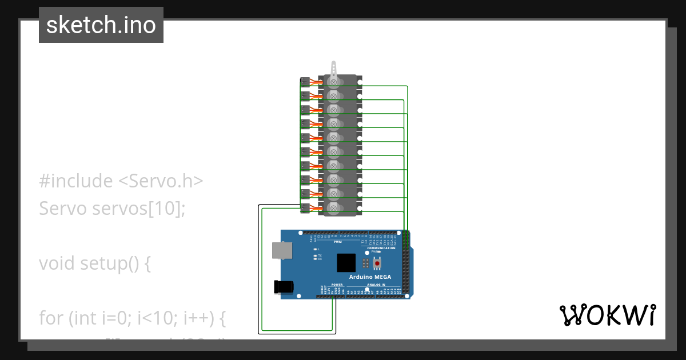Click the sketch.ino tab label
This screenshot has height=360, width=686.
[x=101, y=25]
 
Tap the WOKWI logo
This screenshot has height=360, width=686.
[x=607, y=315]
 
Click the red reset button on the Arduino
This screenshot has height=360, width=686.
[x=377, y=263]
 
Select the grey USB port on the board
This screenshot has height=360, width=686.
[x=282, y=250]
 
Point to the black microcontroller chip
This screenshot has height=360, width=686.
[x=346, y=263]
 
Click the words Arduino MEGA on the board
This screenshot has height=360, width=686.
[x=370, y=277]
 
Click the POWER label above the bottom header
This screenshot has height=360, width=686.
[x=337, y=284]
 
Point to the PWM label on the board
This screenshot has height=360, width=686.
[x=337, y=242]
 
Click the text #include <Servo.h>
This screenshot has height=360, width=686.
[x=121, y=181]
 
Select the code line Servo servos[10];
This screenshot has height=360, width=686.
[x=113, y=209]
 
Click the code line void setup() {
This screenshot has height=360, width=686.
[x=95, y=263]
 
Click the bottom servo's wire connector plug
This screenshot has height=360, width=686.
[x=305, y=207]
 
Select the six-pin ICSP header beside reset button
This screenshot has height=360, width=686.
[x=365, y=263]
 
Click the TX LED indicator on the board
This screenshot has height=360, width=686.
[x=316, y=255]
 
